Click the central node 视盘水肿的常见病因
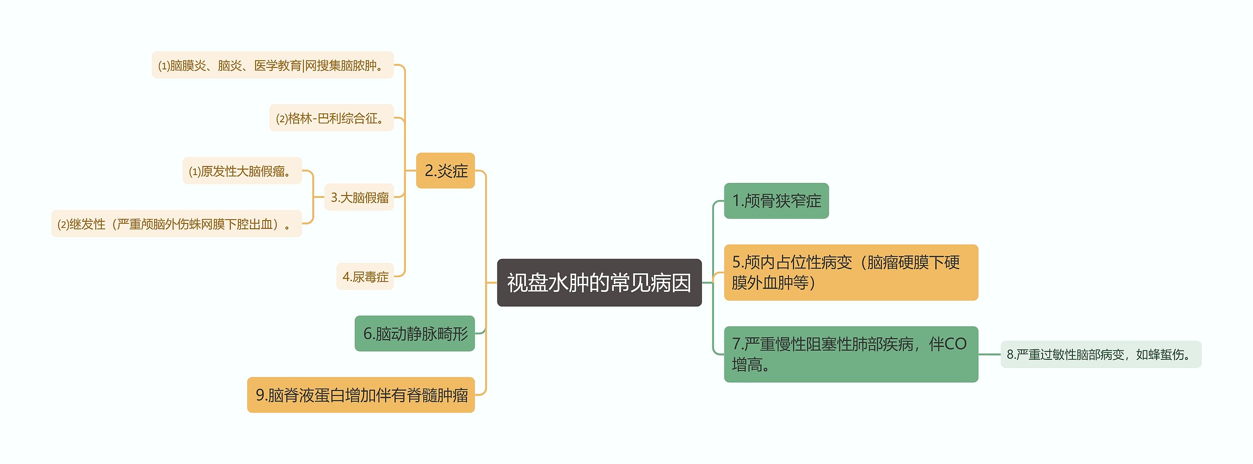point(599,283)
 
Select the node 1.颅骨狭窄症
point(776,201)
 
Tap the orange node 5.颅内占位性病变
point(850,272)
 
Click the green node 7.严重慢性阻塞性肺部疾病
point(850,354)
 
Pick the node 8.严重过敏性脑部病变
point(1100,354)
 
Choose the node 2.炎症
point(445,171)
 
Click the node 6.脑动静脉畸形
point(415,333)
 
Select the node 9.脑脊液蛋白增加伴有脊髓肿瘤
point(361,395)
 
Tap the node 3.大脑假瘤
point(359,198)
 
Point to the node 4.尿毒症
point(365,277)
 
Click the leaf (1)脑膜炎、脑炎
point(272,65)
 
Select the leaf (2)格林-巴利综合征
point(331,118)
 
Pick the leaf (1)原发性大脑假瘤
point(242,171)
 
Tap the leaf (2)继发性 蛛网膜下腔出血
point(176,224)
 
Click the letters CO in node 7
point(954,344)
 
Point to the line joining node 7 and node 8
point(989,354)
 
